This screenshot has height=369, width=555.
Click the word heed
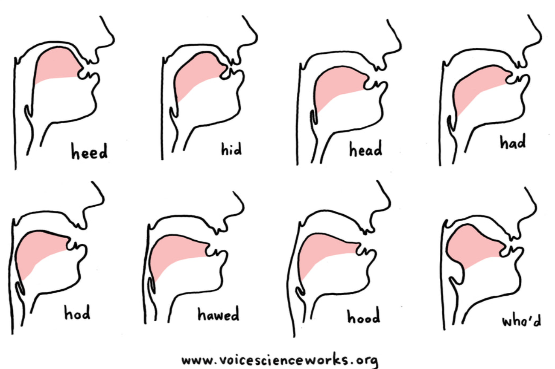click(x=89, y=152)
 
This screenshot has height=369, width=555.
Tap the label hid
click(x=231, y=149)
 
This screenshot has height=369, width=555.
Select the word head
click(x=365, y=150)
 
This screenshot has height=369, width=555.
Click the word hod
click(x=77, y=314)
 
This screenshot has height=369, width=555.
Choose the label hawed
click(x=218, y=315)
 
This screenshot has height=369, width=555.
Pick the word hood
click(x=363, y=317)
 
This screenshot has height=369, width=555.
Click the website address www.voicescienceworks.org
click(x=280, y=360)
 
